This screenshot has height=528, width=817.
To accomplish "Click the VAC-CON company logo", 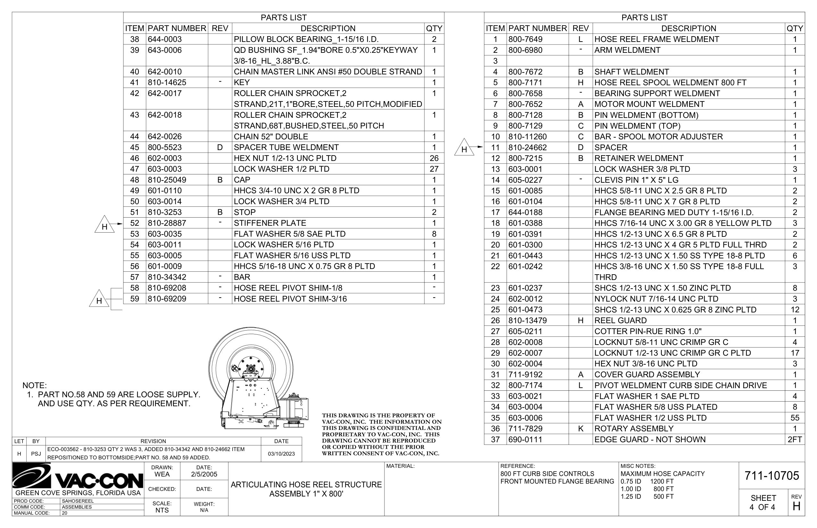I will pos(78,476).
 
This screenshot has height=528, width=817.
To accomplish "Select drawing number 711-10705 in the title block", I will pos(772,476).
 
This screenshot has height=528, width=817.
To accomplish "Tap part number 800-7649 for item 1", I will pos(525,39).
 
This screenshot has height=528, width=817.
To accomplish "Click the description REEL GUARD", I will pos(620,321).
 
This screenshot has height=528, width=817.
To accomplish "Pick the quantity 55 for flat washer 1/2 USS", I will pos(794,418).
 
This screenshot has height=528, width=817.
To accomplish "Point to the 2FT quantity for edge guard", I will pos(794,440).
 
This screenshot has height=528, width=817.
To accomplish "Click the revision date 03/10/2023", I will pos(281,454).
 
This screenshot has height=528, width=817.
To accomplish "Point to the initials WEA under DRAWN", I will pos(162,475).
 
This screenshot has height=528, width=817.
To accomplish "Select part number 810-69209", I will pos(167,299).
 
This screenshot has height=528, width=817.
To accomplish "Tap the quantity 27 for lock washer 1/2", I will pos(434,169).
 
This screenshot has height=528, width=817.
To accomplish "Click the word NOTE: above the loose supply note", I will pos(35,385).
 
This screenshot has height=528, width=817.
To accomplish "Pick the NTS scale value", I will pos(162,510).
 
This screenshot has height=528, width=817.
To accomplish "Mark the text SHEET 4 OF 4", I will pos(763,503).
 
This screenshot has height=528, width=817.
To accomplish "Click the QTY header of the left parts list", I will pos(434,28).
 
